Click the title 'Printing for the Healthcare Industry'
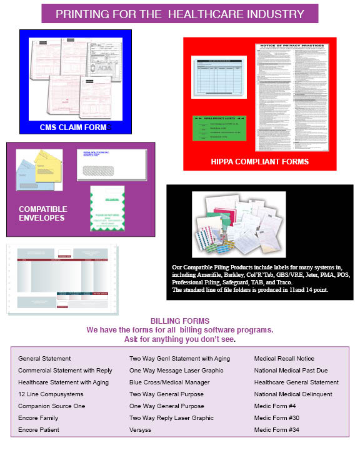point(180,14)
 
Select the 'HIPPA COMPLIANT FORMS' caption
point(259,161)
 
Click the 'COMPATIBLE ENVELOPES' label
point(42,213)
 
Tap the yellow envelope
point(49,166)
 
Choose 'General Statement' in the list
point(44,359)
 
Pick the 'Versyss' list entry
point(142,430)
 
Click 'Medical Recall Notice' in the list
point(284,359)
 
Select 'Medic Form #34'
point(277,430)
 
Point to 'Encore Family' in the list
point(38,418)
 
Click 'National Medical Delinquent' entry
point(293,394)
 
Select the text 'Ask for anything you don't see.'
point(180,339)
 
